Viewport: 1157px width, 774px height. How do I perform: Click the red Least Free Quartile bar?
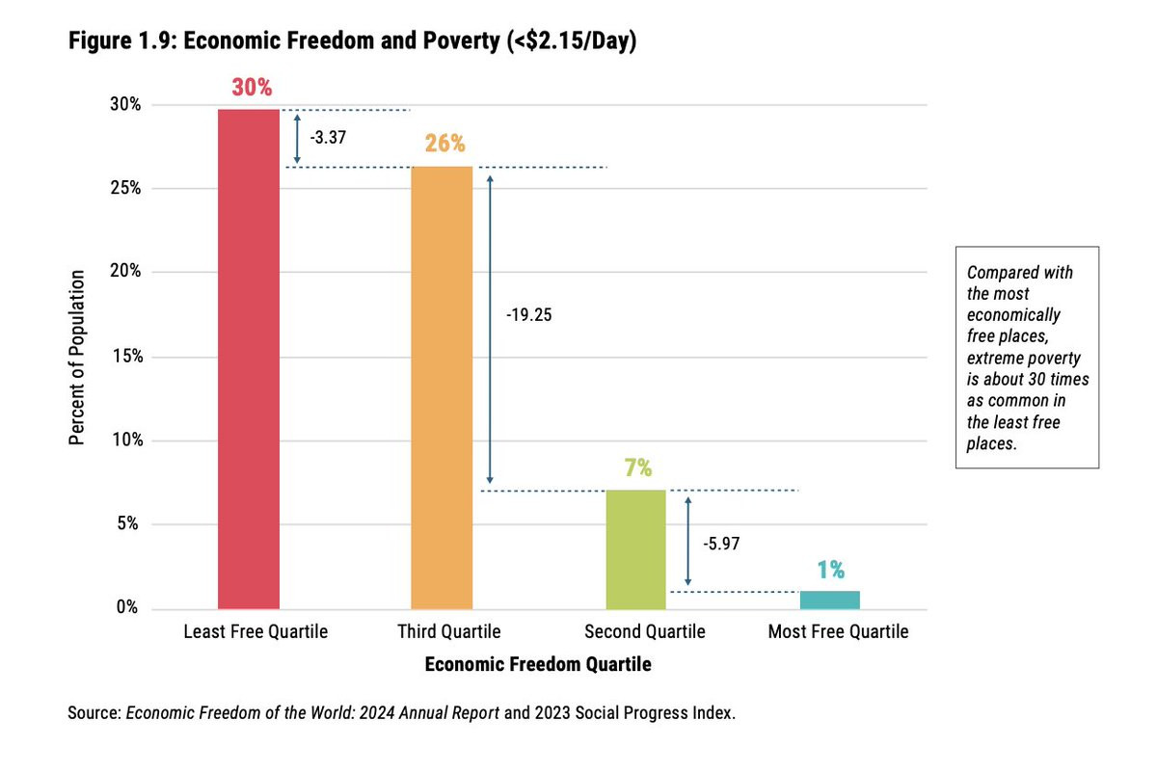coord(249,359)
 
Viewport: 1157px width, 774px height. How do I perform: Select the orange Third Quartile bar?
coord(442,387)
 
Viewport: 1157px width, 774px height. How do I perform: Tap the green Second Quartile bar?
coord(636,549)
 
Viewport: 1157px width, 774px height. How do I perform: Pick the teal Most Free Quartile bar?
coord(830,600)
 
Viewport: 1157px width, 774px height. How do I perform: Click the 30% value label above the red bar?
coord(252,88)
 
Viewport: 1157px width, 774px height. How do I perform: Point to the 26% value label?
coord(444,145)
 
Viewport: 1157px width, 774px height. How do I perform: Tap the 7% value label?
coord(637,468)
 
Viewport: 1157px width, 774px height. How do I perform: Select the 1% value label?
coord(830,569)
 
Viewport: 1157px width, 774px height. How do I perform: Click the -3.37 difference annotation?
coord(328,137)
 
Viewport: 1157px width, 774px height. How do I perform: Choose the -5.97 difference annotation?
coord(721,544)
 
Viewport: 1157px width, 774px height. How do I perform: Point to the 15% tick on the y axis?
coord(127,357)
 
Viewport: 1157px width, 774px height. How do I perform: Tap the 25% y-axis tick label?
coord(127,188)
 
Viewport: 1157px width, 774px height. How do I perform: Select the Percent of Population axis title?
coord(77,357)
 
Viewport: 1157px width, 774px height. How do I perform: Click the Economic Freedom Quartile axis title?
coord(537,664)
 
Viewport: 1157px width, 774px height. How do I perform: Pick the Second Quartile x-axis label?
coord(644,632)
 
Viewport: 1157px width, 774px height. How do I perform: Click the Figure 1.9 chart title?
coord(352,44)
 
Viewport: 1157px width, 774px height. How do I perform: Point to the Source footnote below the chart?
coord(402,714)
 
